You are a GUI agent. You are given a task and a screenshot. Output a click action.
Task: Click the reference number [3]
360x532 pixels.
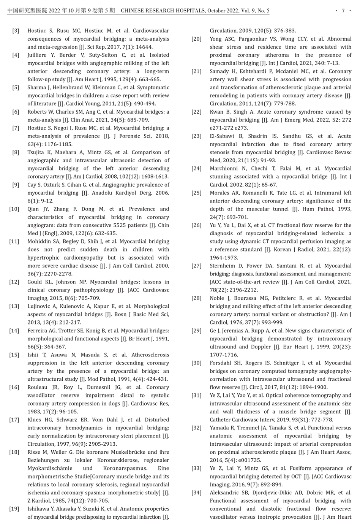(x=15, y=31)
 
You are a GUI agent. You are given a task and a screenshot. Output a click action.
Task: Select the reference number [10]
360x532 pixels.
(x=14, y=209)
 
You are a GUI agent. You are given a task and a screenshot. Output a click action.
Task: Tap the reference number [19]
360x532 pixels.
(x=14, y=509)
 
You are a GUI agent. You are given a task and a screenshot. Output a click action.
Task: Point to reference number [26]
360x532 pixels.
(x=196, y=225)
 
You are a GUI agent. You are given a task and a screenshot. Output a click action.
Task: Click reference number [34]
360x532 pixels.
(x=196, y=493)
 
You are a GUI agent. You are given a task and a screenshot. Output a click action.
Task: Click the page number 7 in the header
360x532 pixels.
(x=343, y=11)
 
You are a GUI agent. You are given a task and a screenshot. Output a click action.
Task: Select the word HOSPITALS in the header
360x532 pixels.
(x=186, y=11)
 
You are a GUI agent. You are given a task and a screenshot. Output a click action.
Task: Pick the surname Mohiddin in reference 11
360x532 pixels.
(x=40, y=241)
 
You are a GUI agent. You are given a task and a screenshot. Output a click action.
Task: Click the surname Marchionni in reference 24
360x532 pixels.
(x=226, y=168)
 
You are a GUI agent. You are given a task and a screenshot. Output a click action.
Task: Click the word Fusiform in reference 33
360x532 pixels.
(x=298, y=469)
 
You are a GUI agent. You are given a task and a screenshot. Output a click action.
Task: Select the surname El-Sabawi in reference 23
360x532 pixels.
(x=223, y=136)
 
